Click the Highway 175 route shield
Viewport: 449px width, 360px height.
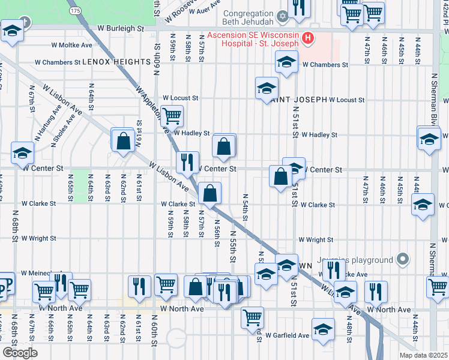[75, 11]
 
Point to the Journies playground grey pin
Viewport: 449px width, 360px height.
[403, 260]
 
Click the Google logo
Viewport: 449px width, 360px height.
[20, 353]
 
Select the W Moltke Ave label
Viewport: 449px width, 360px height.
[71, 45]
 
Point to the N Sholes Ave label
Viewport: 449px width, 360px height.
[67, 124]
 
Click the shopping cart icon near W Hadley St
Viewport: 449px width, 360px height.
[172, 115]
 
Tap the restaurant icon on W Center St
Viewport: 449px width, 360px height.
[187, 161]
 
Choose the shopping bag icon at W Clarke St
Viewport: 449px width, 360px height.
[210, 193]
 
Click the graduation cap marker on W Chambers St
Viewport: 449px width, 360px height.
[287, 61]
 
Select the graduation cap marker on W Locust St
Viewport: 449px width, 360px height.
[267, 88]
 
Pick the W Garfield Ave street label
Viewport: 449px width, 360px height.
[288, 335]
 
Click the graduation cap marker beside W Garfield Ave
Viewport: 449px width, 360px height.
[323, 329]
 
